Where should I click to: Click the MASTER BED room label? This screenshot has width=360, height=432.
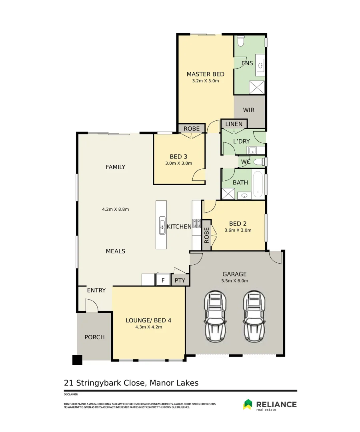click(206, 74)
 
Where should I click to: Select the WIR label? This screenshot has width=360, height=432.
click(249, 110)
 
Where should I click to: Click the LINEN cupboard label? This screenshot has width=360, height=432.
click(234, 124)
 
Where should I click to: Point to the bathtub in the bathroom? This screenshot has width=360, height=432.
click(258, 184)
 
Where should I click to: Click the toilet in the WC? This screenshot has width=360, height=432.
click(259, 162)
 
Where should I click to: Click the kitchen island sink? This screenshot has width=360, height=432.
click(162, 225)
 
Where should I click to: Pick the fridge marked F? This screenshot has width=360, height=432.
click(163, 280)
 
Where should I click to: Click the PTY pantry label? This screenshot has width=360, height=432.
click(180, 280)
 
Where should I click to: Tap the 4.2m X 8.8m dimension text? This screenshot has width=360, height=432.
click(116, 209)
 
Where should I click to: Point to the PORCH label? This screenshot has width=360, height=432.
click(94, 337)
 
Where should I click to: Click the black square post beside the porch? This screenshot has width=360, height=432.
click(77, 360)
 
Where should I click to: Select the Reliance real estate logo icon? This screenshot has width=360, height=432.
click(248, 404)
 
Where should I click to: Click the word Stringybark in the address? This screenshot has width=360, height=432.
click(110, 383)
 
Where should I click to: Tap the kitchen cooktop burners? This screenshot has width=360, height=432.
click(197, 223)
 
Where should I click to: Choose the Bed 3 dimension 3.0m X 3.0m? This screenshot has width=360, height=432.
click(178, 163)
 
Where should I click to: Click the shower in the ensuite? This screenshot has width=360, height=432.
click(256, 87)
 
